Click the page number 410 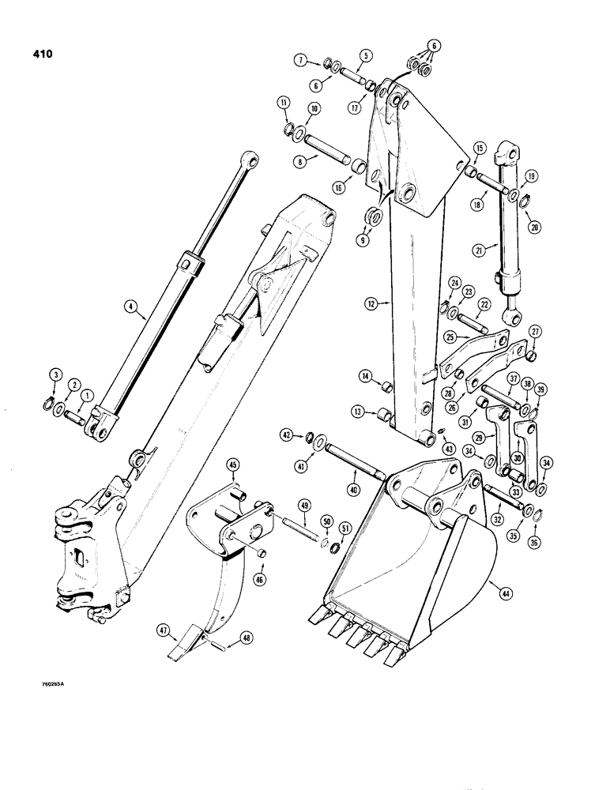point(36,56)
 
